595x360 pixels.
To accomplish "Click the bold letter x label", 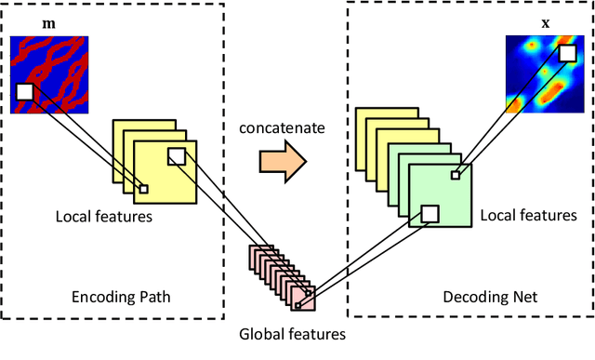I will point(546,20).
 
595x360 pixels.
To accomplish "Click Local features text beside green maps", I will point(528,216).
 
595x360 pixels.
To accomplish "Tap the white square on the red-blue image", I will point(25,91).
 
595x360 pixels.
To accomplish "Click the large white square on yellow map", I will point(176,157).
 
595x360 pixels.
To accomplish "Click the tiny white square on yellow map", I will point(143,189).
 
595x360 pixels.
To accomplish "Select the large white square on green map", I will point(429,214).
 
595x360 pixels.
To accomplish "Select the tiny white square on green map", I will point(455,174).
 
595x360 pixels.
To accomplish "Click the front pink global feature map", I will point(302,297).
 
